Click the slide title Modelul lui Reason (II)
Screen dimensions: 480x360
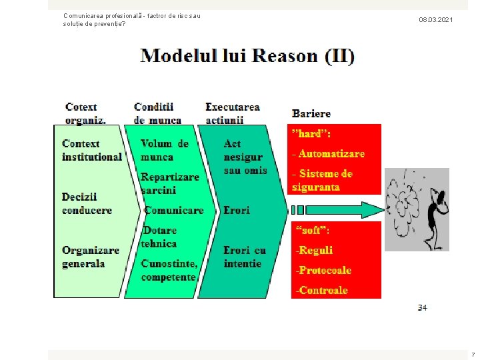[x=247, y=56]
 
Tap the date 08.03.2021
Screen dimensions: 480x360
[x=436, y=20]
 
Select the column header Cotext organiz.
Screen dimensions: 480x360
[x=85, y=113]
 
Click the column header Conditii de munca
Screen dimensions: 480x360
[x=157, y=113]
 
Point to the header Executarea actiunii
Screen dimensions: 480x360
[x=233, y=113]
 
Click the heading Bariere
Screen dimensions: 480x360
[x=311, y=113]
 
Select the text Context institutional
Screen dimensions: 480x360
[x=91, y=151]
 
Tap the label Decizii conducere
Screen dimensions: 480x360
[x=87, y=204]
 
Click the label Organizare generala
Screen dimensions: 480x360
[x=91, y=257]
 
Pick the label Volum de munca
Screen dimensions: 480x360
[x=165, y=151]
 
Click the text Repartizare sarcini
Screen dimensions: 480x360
[x=169, y=183]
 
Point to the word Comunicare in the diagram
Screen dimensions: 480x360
[x=173, y=210]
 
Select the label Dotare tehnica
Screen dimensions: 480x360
[x=159, y=237]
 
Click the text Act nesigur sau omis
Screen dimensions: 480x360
[x=245, y=157]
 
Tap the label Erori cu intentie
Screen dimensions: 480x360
[x=245, y=257]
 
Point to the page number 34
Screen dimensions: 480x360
[x=422, y=307]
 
